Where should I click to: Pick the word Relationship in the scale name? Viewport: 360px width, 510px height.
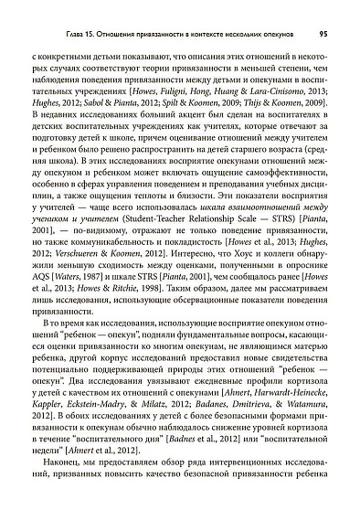196,219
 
